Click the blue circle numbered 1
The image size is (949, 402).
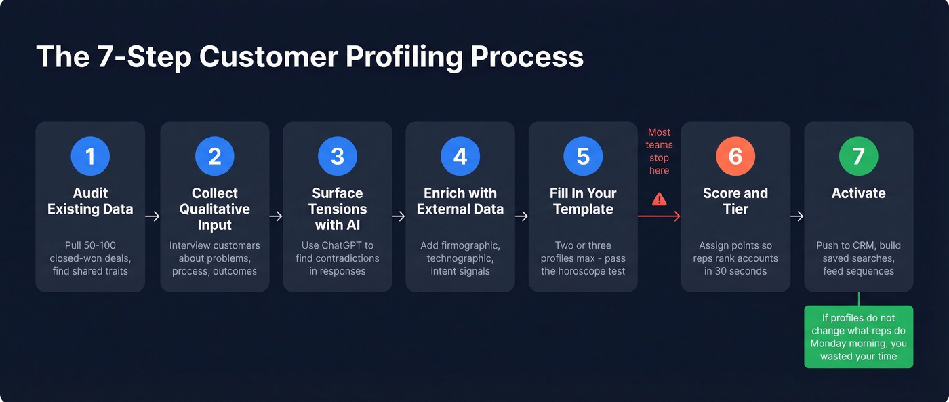[90, 157]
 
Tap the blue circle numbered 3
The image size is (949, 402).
[337, 157]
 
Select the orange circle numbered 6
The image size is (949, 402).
[735, 157]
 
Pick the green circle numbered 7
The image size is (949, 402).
[858, 157]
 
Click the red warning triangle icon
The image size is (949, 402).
[659, 199]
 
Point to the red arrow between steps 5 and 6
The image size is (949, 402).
[659, 216]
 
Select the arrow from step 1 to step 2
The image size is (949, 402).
[153, 216]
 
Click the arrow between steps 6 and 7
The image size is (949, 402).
[797, 216]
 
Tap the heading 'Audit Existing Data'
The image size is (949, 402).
[90, 201]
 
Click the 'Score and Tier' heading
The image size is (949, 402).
[735, 201]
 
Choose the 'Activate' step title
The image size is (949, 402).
[858, 193]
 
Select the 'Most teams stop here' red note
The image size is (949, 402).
[659, 151]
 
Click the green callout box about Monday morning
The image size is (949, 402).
[858, 337]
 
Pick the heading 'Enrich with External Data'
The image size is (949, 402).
[460, 201]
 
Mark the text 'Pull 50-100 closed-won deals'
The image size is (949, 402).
[90, 258]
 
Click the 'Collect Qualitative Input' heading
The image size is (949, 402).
[214, 209]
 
